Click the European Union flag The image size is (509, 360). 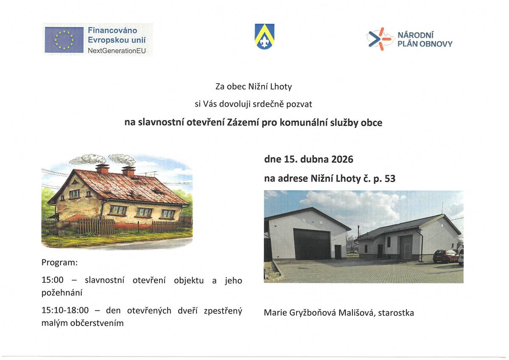tap(64, 39)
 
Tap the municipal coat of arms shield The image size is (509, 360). tap(264, 36)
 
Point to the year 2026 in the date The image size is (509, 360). tap(342, 160)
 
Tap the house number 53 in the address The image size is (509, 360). tap(389, 179)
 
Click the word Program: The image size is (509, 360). tap(60, 262)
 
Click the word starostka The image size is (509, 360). tap(396, 313)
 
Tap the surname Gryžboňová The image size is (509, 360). tap(307, 313)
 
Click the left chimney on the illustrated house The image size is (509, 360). tap(102, 169)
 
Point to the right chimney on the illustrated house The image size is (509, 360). tap(129, 171)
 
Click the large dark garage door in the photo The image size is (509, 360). tap(312, 244)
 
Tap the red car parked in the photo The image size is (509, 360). tap(445, 256)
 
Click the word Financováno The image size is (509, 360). tap(112, 30)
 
